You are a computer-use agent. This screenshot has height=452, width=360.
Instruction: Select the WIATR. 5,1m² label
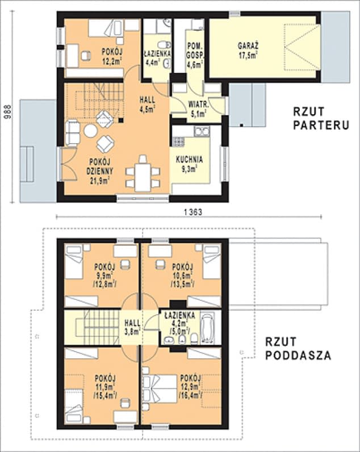click(x=198, y=109)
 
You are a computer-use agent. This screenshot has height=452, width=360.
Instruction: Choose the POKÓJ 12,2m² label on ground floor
click(x=112, y=57)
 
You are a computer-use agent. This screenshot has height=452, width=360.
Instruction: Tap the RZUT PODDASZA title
click(x=298, y=350)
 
